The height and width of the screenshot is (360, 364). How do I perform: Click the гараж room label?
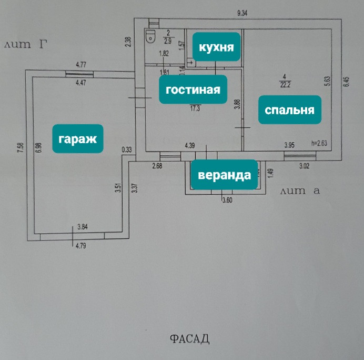(77, 139)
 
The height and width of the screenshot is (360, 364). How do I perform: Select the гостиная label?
(193, 89)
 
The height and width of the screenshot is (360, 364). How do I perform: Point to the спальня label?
(289, 110)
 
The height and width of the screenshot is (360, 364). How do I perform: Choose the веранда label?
(224, 174)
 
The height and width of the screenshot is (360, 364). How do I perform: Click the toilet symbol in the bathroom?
(151, 36)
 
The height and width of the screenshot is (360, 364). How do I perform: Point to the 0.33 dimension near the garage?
(126, 150)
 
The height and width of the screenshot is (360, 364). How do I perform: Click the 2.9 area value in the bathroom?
(168, 41)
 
